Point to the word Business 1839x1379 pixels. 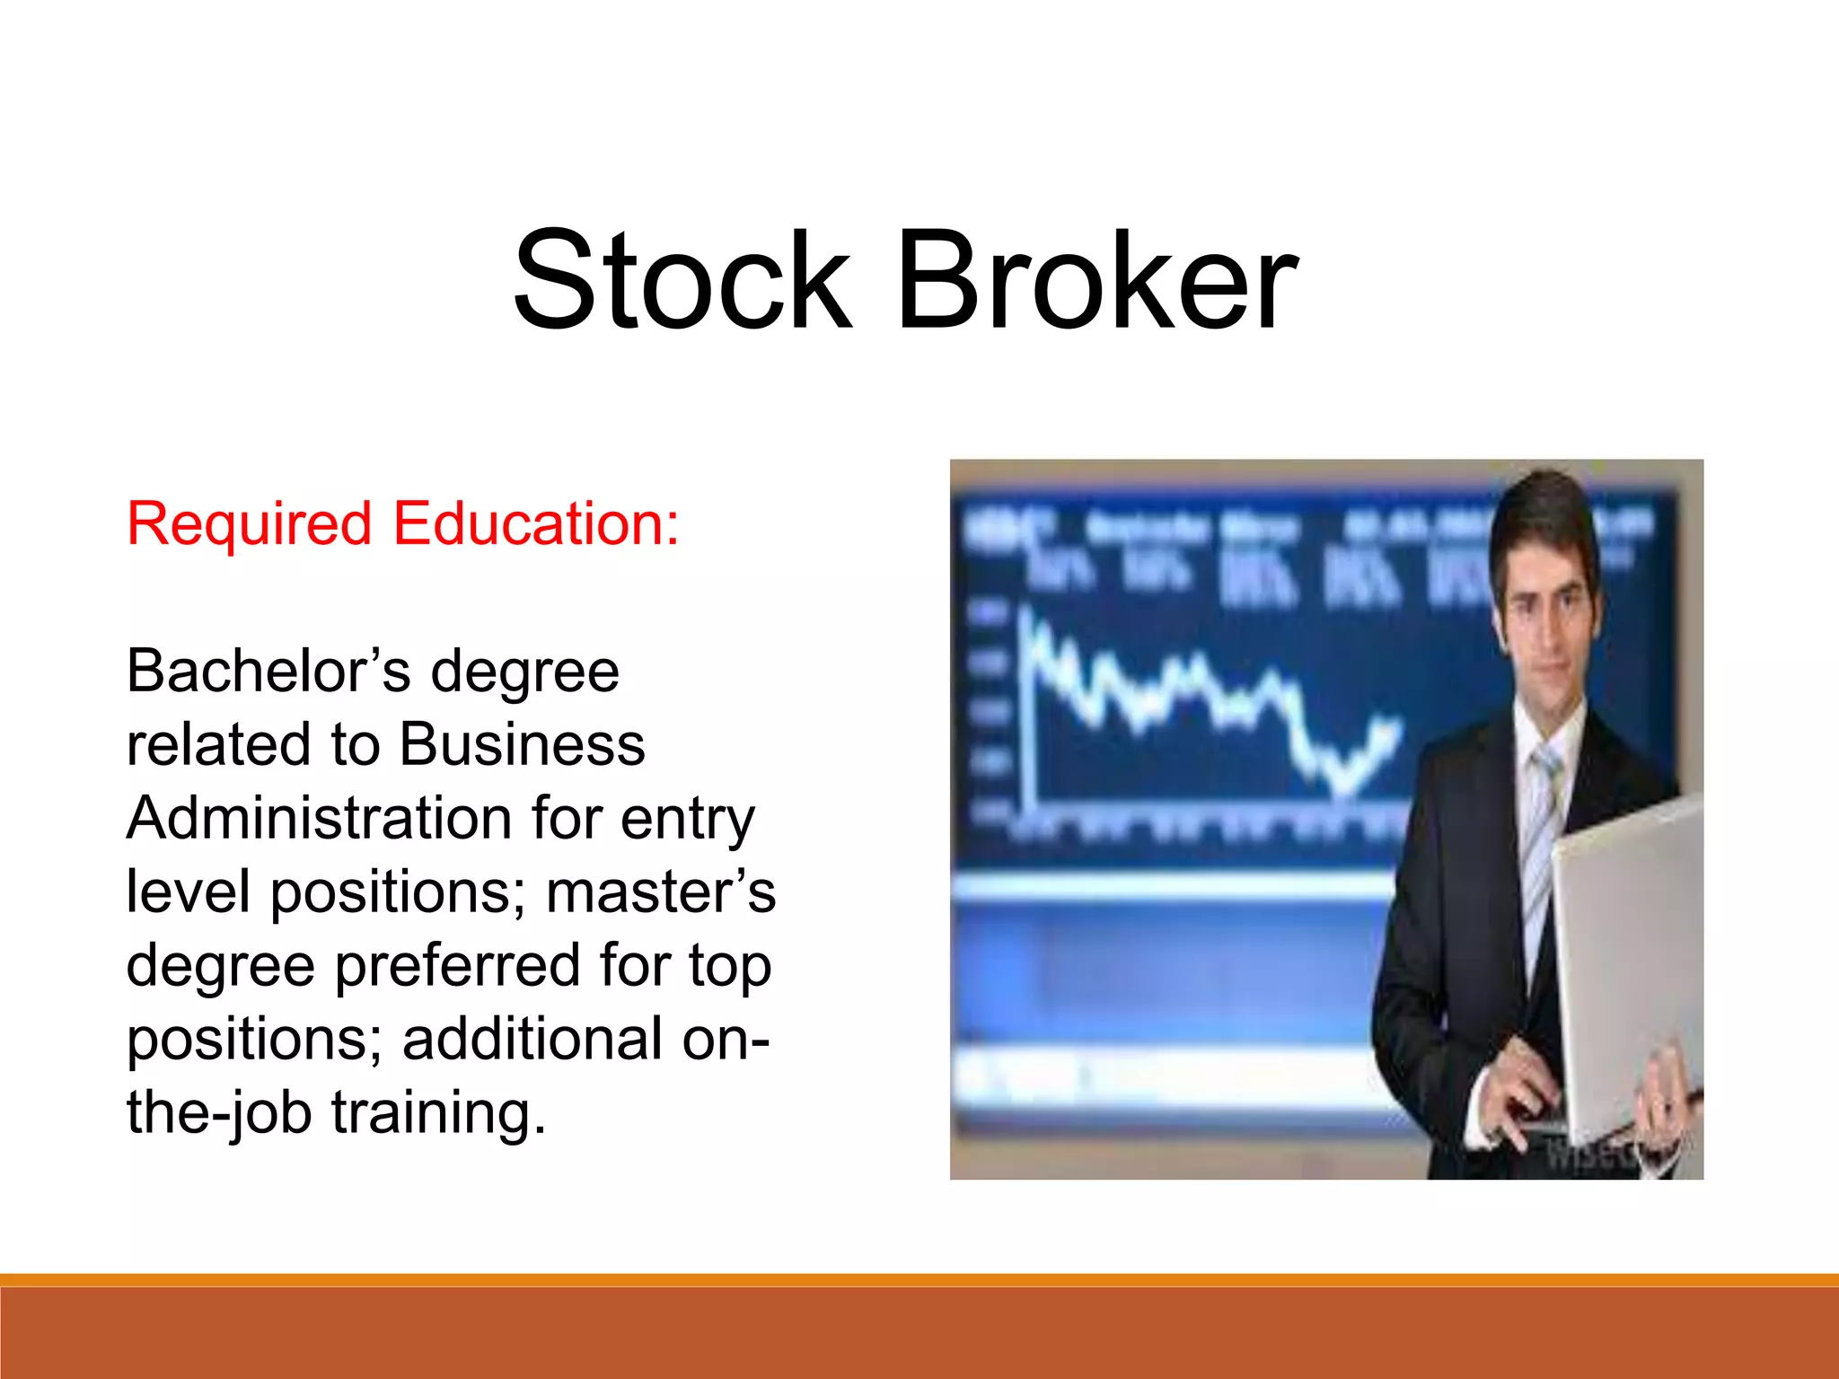[x=522, y=744]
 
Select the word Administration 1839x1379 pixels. [x=319, y=818]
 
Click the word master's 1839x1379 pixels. [x=661, y=892]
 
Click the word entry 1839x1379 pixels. [x=688, y=820]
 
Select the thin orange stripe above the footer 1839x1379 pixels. [x=919, y=1279]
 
